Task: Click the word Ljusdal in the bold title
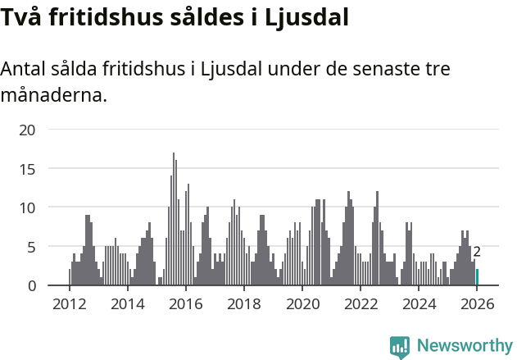point(306,16)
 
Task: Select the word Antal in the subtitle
point(25,69)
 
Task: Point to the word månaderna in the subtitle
point(53,96)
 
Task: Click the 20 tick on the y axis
point(28,130)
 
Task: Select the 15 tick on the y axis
point(28,168)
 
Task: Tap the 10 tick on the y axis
point(28,207)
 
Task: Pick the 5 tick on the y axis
point(32,246)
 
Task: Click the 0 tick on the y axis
point(32,285)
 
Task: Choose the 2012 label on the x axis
point(69,304)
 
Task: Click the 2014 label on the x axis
point(127,304)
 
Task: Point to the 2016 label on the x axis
point(185,304)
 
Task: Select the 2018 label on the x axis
point(243,304)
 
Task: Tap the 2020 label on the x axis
point(302,304)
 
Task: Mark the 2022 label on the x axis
point(360,304)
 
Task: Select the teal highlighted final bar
point(478,277)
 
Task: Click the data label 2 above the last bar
point(477,253)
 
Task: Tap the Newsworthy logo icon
point(400,347)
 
